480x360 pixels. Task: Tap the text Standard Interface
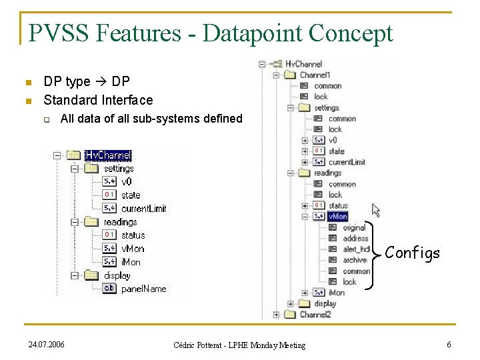[98, 100]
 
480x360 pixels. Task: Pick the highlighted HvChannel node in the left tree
[108, 155]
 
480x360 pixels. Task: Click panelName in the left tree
[144, 289]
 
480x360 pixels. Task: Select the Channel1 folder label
[315, 75]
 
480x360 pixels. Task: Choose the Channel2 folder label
[315, 314]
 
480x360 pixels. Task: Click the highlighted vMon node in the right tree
[337, 217]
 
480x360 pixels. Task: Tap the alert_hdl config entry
[356, 249]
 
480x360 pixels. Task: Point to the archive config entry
[355, 260]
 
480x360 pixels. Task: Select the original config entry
[354, 227]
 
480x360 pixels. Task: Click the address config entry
[355, 238]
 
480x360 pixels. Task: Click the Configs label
[413, 253]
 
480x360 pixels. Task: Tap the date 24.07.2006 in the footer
[47, 344]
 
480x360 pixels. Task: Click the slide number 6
[449, 344]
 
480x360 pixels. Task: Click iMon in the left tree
[131, 262]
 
